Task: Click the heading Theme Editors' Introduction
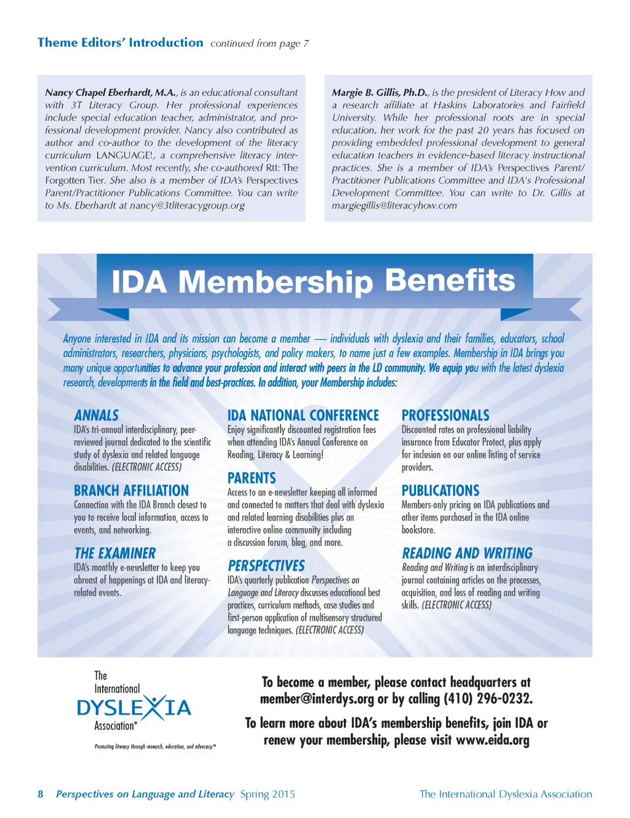120,42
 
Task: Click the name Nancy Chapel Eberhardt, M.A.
111,92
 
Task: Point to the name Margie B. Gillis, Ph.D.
380,92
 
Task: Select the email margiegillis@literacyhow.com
394,206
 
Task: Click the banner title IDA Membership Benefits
313,281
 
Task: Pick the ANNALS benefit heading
97,415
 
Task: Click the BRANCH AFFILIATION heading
131,491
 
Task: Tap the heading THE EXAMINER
115,553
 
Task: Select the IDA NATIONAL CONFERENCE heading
303,415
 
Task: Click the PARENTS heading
252,478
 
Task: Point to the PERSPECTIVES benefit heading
266,566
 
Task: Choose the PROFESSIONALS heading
445,415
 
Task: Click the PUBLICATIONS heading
441,491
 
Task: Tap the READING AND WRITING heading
468,553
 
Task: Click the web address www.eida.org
492,740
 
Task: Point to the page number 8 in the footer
41,794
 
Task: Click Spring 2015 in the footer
268,794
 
